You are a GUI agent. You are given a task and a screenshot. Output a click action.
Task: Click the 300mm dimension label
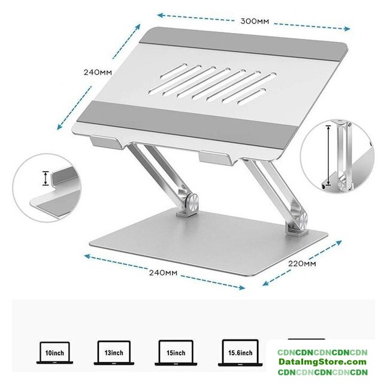255,21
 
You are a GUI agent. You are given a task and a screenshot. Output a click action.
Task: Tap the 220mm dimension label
302,263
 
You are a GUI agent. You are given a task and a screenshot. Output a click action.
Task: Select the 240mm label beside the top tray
98,73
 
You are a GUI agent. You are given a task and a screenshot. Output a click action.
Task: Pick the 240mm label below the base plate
163,273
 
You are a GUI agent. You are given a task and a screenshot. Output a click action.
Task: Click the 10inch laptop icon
55,353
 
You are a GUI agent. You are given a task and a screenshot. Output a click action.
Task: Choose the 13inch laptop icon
114,353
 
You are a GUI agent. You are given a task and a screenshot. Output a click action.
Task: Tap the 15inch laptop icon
176,353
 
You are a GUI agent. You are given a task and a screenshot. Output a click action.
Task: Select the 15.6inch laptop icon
240,353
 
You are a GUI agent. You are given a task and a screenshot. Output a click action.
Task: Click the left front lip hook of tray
107,142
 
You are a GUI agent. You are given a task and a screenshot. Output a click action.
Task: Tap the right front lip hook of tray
217,158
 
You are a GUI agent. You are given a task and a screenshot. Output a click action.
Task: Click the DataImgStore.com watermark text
322,362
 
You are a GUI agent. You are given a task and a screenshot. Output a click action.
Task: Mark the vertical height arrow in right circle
328,155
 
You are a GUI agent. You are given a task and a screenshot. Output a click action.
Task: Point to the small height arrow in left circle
46,178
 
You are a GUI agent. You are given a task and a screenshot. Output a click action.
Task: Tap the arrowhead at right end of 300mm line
347,29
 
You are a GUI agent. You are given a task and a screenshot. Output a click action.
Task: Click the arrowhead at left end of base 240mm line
87,256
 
